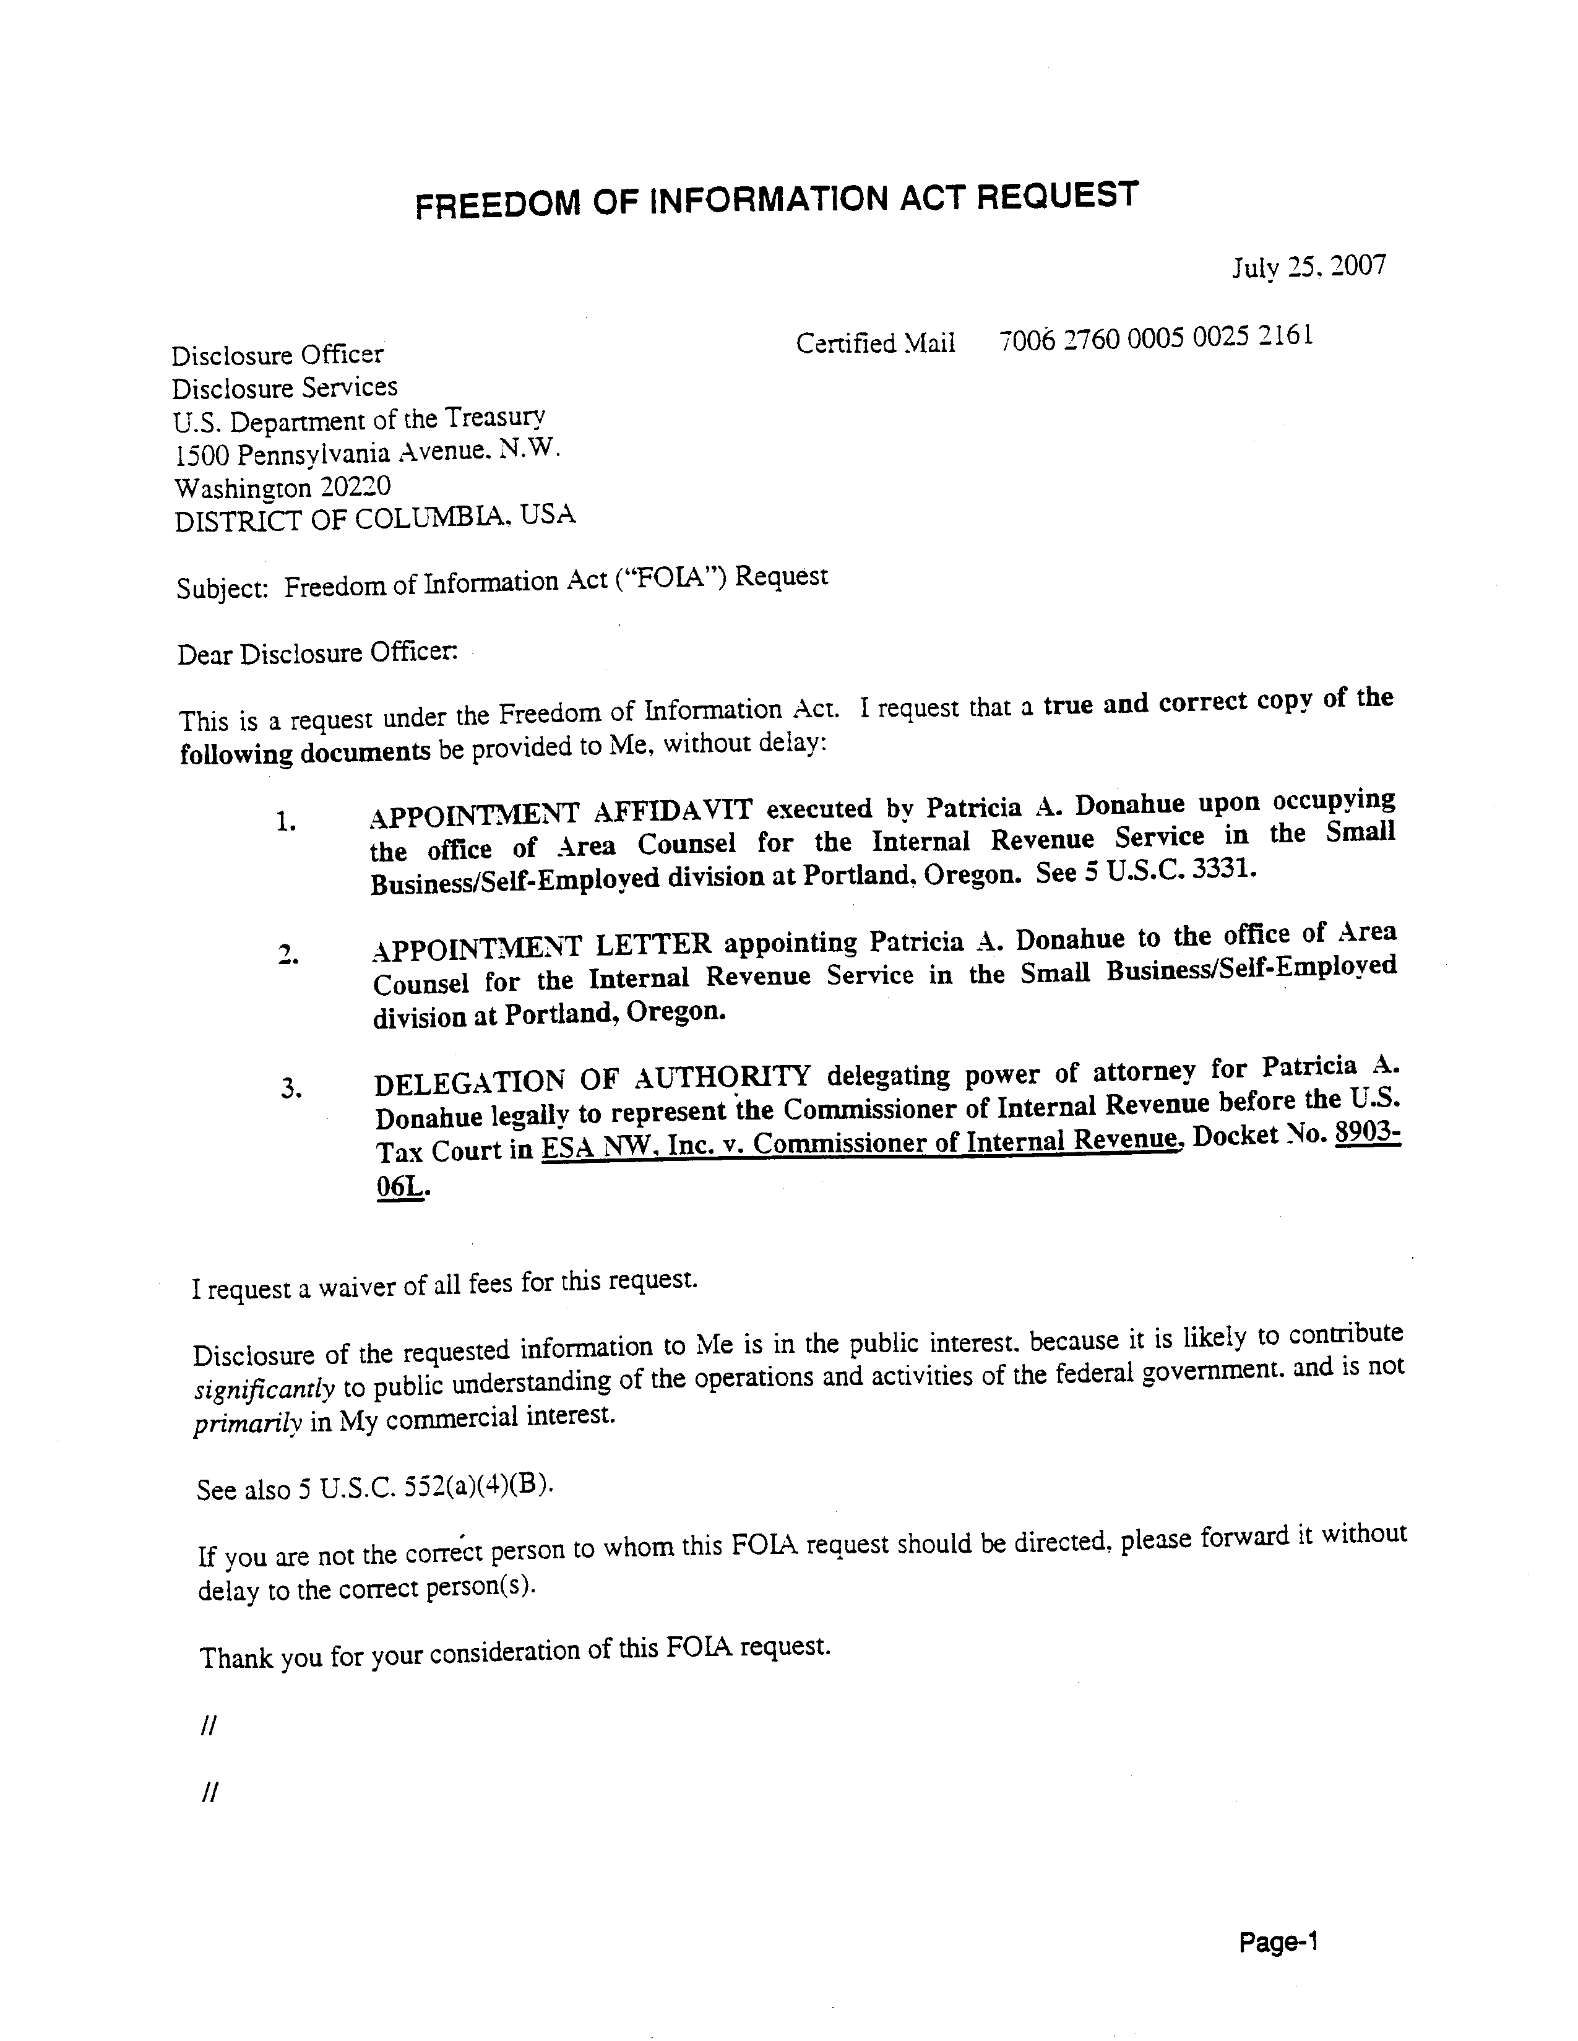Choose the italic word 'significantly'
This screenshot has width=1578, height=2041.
click(x=264, y=1389)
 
